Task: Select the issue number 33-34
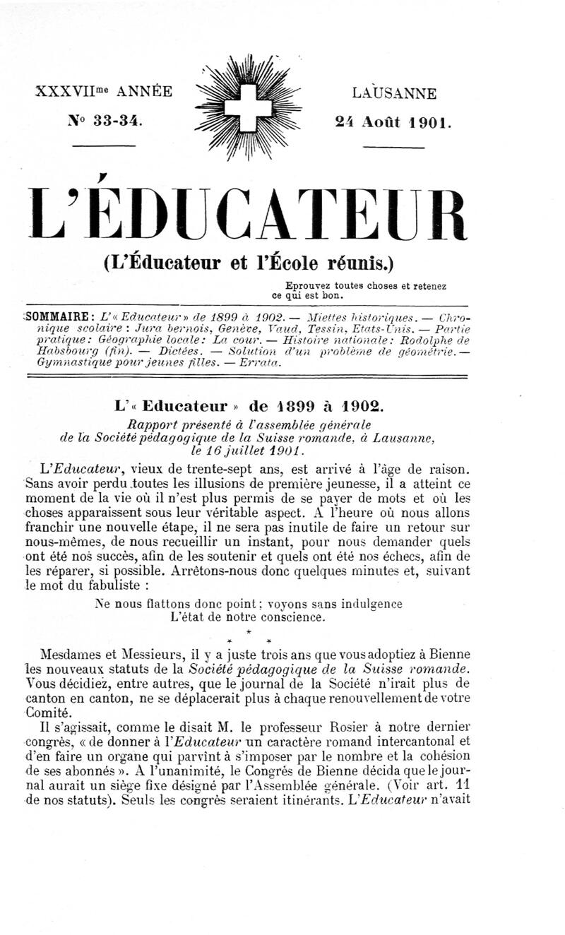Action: pyautogui.click(x=117, y=121)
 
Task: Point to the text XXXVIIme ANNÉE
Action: pyautogui.click(x=104, y=92)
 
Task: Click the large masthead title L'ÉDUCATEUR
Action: pyautogui.click(x=246, y=212)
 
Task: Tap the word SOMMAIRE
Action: pyautogui.click(x=56, y=316)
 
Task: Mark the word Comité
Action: pyautogui.click(x=46, y=712)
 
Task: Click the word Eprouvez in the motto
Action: pyautogui.click(x=310, y=286)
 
